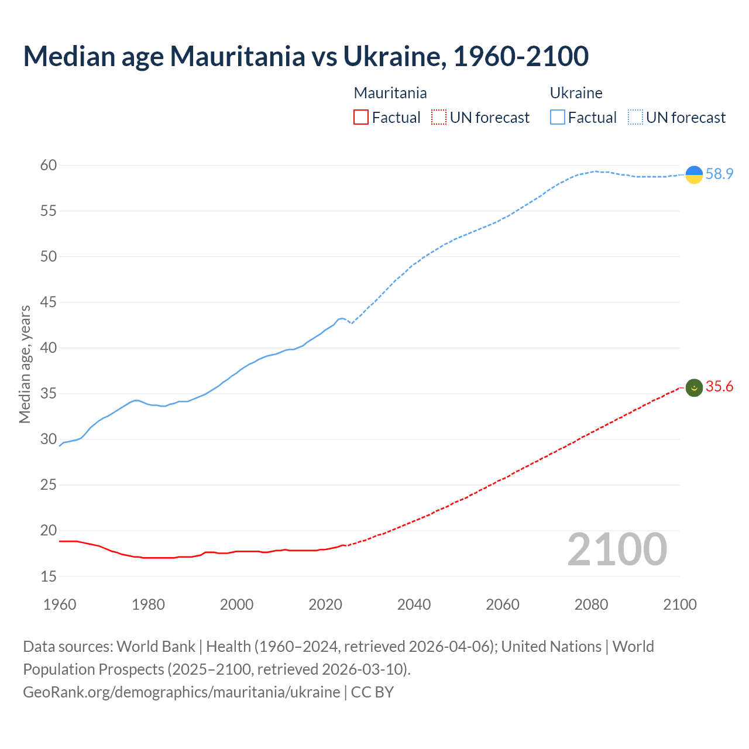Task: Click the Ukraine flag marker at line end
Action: [x=694, y=174]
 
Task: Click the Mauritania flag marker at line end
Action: [x=694, y=387]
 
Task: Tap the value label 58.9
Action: [x=719, y=174]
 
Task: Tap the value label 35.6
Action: [x=719, y=386]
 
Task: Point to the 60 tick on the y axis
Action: [x=49, y=165]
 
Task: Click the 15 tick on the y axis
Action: [x=49, y=576]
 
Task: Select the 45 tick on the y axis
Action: [x=49, y=303]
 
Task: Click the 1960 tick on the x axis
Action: [x=60, y=604]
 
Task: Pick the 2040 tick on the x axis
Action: [x=414, y=604]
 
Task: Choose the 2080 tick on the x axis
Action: [x=591, y=604]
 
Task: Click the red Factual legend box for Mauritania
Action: [x=361, y=118]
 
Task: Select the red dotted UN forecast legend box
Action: [x=439, y=118]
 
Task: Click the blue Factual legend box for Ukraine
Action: [x=558, y=118]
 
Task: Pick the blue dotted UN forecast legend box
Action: [x=635, y=118]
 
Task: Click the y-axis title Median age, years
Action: [x=25, y=364]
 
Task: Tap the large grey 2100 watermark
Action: [x=617, y=549]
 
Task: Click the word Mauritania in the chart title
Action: [x=237, y=56]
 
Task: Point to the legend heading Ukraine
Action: [x=576, y=93]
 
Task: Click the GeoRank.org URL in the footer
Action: [x=181, y=692]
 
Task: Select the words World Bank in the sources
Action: [x=156, y=647]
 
